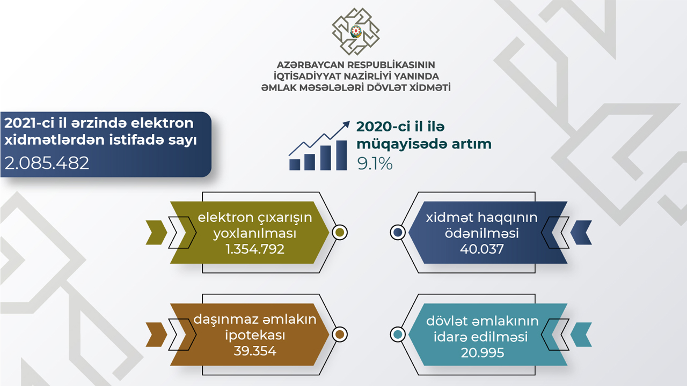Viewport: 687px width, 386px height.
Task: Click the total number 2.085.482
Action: tap(47, 162)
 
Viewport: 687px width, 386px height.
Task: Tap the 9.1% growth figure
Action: tap(375, 164)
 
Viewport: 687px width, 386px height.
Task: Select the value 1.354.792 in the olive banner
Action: tap(255, 249)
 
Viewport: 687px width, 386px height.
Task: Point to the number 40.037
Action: tap(482, 249)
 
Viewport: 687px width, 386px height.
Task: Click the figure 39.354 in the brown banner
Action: tap(255, 351)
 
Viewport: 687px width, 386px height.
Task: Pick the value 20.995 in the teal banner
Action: tap(483, 353)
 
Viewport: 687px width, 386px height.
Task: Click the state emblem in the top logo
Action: tap(356, 32)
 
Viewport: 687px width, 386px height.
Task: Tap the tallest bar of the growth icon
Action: tap(341, 155)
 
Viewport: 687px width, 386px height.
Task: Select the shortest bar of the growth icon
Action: tap(295, 165)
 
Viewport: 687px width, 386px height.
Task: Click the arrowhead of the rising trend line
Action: tap(346, 124)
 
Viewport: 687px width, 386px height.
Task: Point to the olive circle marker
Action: tap(340, 233)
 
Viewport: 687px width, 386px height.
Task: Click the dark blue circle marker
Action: tap(398, 233)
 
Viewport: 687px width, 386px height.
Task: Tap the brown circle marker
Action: tap(340, 335)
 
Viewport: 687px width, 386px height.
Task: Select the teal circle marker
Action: tap(398, 335)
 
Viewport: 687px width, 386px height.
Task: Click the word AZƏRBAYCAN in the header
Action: tap(310, 65)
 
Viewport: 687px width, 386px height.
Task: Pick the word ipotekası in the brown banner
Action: tap(255, 335)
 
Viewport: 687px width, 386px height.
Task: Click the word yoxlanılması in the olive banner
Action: tap(255, 233)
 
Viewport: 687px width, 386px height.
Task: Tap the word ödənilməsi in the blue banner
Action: tap(482, 233)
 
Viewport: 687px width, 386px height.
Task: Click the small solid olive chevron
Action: tap(156, 233)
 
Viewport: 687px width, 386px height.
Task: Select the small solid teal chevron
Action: tap(581, 335)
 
